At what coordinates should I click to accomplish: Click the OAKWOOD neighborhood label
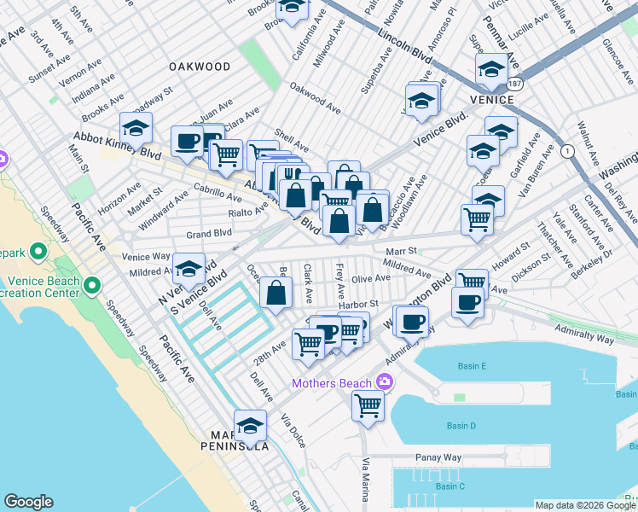pyautogui.click(x=200, y=67)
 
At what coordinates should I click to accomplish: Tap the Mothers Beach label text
pyautogui.click(x=332, y=383)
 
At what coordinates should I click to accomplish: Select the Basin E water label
pyautogui.click(x=471, y=367)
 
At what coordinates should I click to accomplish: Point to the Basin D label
pyautogui.click(x=461, y=426)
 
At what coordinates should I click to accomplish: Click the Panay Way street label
pyautogui.click(x=438, y=458)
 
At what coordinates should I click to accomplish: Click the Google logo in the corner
pyautogui.click(x=28, y=502)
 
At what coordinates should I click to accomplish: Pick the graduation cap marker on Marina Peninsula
pyautogui.click(x=250, y=426)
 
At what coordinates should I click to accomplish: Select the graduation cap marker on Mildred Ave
pyautogui.click(x=188, y=269)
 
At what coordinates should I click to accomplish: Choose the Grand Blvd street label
pyautogui.click(x=186, y=233)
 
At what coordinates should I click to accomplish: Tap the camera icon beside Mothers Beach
pyautogui.click(x=386, y=381)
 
